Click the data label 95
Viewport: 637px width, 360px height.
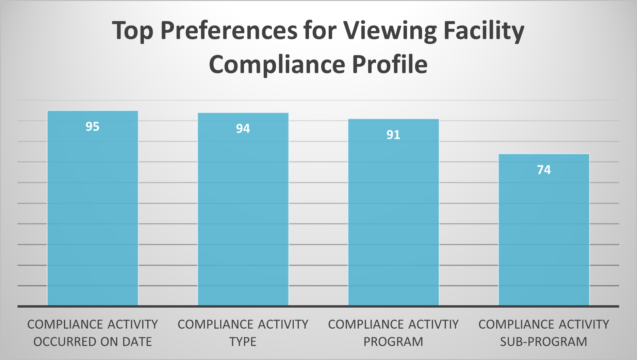pos(93,127)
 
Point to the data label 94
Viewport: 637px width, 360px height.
pos(243,129)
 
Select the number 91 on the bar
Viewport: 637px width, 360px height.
pos(393,135)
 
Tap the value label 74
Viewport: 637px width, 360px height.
pos(544,170)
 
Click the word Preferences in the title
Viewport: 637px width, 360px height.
pos(229,31)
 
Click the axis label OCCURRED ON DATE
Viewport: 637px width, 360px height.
pos(93,342)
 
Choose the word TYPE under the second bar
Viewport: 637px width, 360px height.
pos(243,342)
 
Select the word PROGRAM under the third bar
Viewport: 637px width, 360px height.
pos(393,342)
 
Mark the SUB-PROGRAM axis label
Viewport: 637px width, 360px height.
pos(544,342)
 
